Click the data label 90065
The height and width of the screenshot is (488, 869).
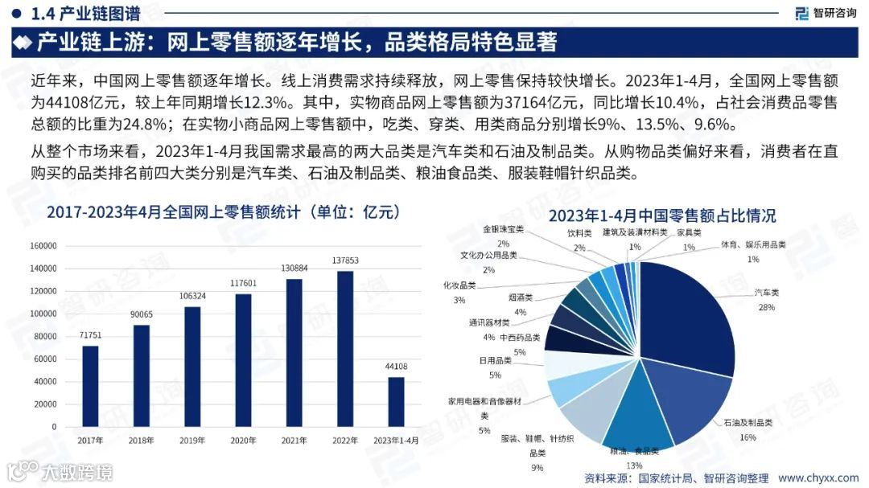[x=142, y=314]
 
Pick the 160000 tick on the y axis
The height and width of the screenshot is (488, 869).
[x=44, y=246]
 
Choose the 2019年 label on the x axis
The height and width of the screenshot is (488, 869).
[x=192, y=441]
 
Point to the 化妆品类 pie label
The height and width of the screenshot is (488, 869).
[x=459, y=285]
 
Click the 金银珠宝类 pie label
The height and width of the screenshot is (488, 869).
[x=503, y=229]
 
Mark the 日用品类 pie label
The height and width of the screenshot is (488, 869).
[x=495, y=361]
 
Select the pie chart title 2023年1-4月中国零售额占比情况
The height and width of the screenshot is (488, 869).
[x=662, y=215]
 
